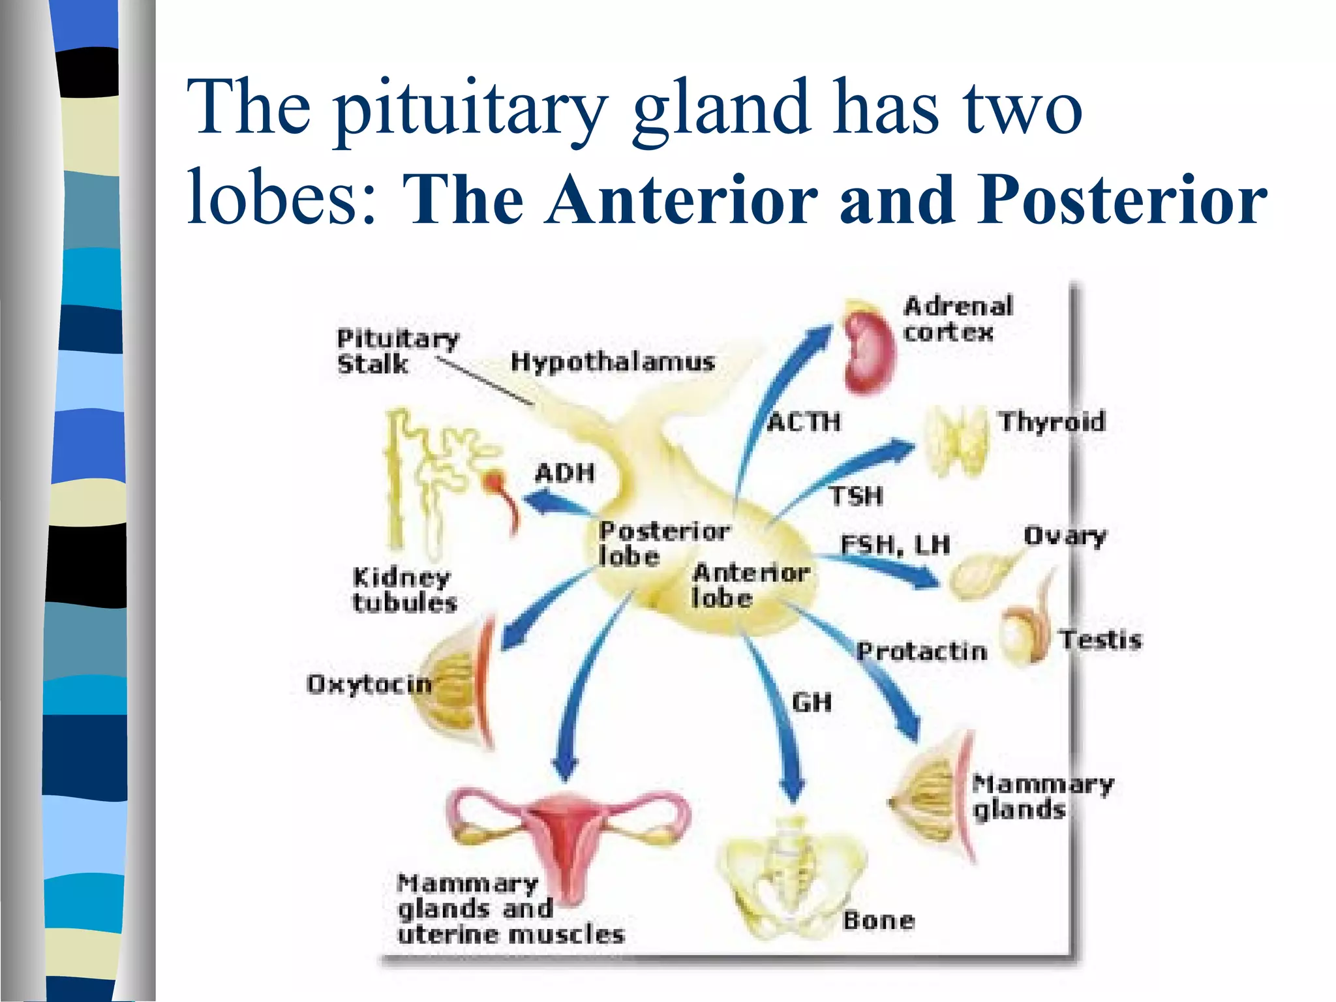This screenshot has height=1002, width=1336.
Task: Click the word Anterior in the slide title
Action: [x=682, y=200]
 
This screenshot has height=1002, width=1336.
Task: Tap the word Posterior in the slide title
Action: [x=1121, y=200]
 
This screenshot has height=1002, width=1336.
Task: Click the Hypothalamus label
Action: [x=612, y=361]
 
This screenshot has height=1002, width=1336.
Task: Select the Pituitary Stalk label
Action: [x=397, y=352]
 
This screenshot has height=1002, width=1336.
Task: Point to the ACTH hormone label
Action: [x=804, y=422]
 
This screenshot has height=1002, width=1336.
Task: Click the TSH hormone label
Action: [x=856, y=496]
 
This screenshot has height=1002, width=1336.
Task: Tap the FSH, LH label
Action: [x=894, y=545]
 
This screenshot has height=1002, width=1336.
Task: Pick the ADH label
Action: [x=565, y=473]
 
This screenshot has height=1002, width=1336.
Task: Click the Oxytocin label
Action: [x=369, y=684]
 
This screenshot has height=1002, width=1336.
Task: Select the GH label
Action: [x=812, y=703]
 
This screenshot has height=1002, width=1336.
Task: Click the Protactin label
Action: [x=922, y=651]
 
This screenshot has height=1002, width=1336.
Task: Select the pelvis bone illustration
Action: [x=791, y=874]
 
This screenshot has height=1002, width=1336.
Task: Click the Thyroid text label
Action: [x=1052, y=421]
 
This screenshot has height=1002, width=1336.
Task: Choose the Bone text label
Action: [x=878, y=920]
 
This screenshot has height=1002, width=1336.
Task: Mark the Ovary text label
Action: [x=1065, y=536]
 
